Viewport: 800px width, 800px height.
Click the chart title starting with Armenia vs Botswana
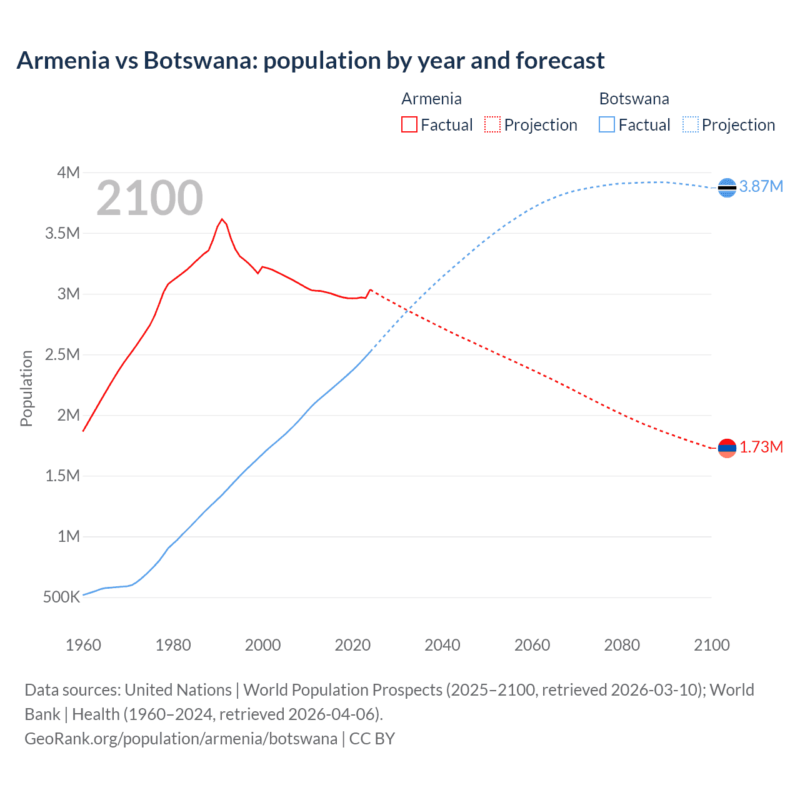[x=311, y=61]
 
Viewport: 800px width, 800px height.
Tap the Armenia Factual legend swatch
[x=409, y=124]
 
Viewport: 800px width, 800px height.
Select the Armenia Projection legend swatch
[x=492, y=124]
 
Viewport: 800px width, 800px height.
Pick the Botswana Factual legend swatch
[x=607, y=124]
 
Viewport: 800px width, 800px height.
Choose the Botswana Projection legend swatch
[x=691, y=124]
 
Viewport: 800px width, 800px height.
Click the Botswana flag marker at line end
[x=727, y=187]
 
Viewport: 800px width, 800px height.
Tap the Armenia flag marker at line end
[x=727, y=447]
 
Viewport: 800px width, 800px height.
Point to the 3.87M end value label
[x=761, y=186]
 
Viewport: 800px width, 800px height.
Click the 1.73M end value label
[x=761, y=447]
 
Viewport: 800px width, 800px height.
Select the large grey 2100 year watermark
[x=149, y=198]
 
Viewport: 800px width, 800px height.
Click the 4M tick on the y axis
[x=68, y=172]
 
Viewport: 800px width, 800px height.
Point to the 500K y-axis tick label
[x=61, y=597]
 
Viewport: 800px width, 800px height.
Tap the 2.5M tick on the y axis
[x=62, y=355]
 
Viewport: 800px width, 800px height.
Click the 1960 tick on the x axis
[x=83, y=645]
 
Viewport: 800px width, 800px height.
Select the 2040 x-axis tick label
[x=442, y=645]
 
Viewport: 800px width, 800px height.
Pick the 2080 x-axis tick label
[x=622, y=645]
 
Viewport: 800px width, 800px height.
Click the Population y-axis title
[x=26, y=388]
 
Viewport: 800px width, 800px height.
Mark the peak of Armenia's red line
[x=222, y=219]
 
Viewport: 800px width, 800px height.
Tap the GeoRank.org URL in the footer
[x=181, y=739]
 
